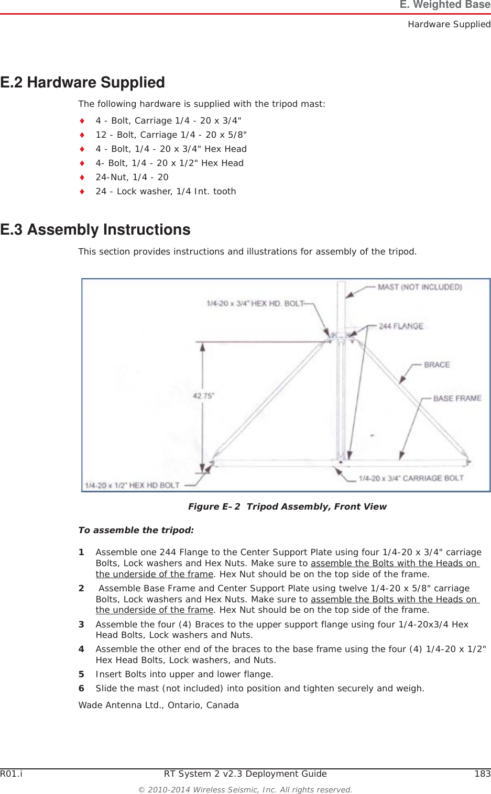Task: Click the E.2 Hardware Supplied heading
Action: tap(82, 83)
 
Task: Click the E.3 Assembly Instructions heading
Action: tap(95, 230)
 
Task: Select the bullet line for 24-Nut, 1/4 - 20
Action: tap(132, 178)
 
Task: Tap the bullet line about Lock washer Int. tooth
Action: tap(165, 192)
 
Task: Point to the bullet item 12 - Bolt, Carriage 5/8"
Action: tap(171, 135)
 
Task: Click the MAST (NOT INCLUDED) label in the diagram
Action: tap(420, 287)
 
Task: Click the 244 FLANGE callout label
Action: tap(401, 326)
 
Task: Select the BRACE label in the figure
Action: tap(437, 365)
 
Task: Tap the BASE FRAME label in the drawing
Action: tap(457, 399)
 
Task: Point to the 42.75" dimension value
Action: tap(203, 396)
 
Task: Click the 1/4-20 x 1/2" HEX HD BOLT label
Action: tap(132, 485)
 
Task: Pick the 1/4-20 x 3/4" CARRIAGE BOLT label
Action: tap(411, 478)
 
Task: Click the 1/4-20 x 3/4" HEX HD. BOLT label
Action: tap(255, 303)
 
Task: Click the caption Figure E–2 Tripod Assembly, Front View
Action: tap(287, 506)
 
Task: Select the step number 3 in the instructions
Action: tap(81, 624)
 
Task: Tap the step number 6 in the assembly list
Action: tap(81, 688)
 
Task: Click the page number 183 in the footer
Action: tap(482, 774)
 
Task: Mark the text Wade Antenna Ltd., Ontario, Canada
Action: tap(158, 705)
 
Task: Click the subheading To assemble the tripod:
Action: tap(136, 530)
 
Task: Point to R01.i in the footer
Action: tap(11, 774)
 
